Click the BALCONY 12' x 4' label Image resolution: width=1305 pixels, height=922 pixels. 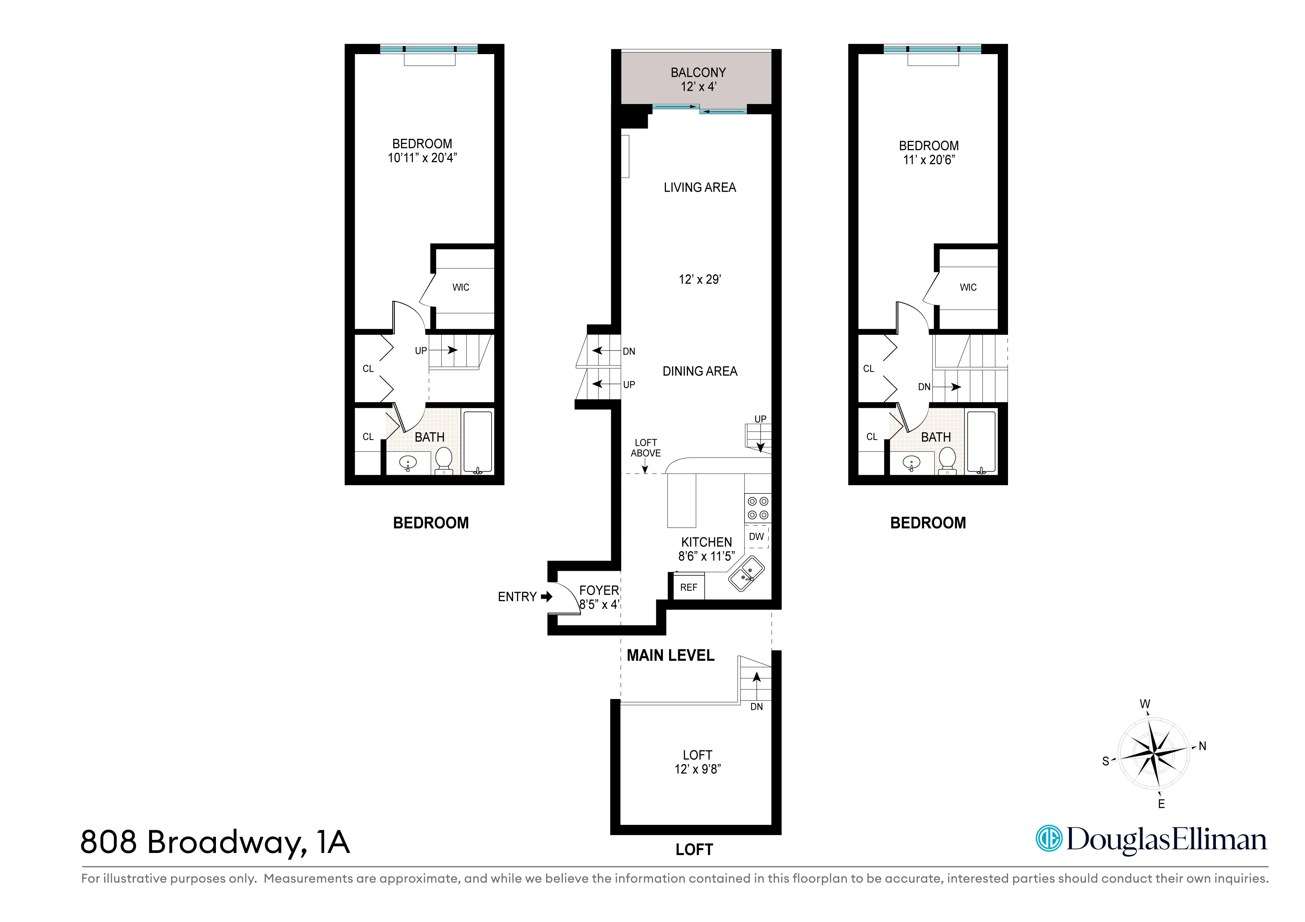pos(698,80)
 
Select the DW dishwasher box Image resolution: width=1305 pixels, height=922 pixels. pos(756,536)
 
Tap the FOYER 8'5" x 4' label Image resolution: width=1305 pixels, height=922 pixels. pos(599,597)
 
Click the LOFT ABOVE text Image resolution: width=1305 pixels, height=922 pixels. pos(646,448)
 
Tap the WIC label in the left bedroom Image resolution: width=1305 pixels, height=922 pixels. pos(461,287)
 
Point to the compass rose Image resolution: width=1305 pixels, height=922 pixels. pos(1153,754)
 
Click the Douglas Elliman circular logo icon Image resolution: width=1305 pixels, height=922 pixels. pos(1048,839)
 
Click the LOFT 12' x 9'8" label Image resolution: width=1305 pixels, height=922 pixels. pos(697,762)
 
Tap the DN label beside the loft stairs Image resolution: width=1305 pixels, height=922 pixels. pos(756,707)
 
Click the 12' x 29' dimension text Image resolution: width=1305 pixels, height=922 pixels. pos(700,280)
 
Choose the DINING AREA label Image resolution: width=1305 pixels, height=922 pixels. pos(700,371)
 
